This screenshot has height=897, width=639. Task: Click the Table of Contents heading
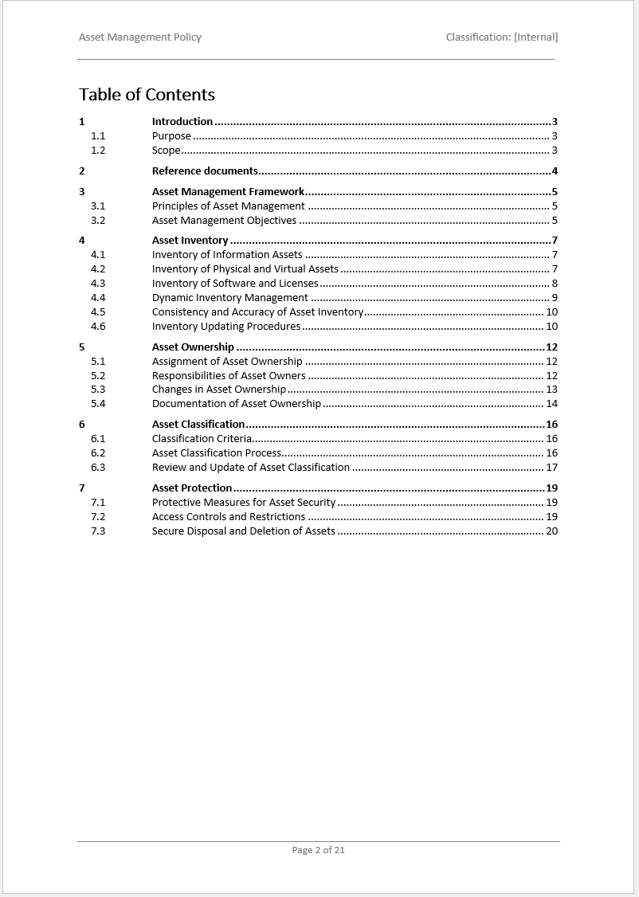pos(147,95)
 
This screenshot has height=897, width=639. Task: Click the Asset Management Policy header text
pos(140,37)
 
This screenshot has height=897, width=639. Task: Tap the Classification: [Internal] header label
pos(502,37)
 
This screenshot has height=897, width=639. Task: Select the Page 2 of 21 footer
pos(319,850)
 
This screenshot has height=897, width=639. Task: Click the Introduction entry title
pos(182,122)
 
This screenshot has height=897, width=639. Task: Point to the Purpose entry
pos(171,136)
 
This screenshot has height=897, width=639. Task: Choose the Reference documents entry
pos(205,171)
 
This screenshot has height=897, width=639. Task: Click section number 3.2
pos(98,221)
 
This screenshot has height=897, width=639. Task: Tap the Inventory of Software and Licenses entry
pos(235,284)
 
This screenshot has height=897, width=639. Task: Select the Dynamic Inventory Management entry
pos(229,298)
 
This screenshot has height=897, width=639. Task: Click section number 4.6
pos(98,327)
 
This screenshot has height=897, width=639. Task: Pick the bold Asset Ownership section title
pos(193,347)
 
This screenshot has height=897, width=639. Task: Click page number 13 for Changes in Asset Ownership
pos(551,390)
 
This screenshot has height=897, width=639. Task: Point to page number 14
pos(551,404)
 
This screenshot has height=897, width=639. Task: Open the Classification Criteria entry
pos(202,439)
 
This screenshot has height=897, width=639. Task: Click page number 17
pos(551,468)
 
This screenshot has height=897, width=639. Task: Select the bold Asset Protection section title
pos(192,488)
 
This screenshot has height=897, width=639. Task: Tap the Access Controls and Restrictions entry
pos(229,517)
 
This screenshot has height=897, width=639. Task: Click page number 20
pos(551,531)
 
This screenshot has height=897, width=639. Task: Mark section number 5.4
pos(98,404)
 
